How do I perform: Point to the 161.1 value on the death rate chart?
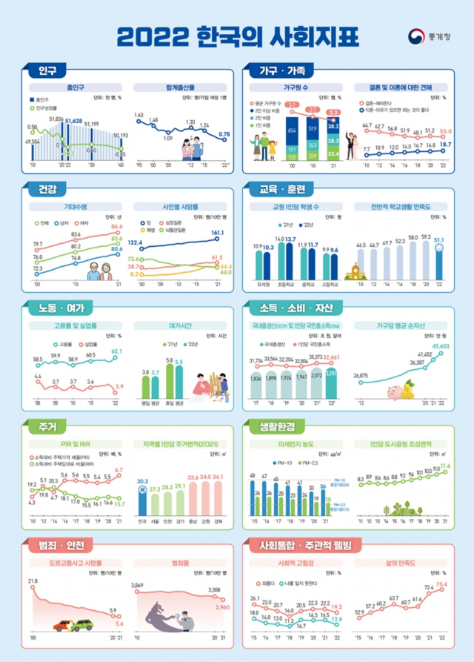[217, 232]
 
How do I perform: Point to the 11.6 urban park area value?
[445, 466]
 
